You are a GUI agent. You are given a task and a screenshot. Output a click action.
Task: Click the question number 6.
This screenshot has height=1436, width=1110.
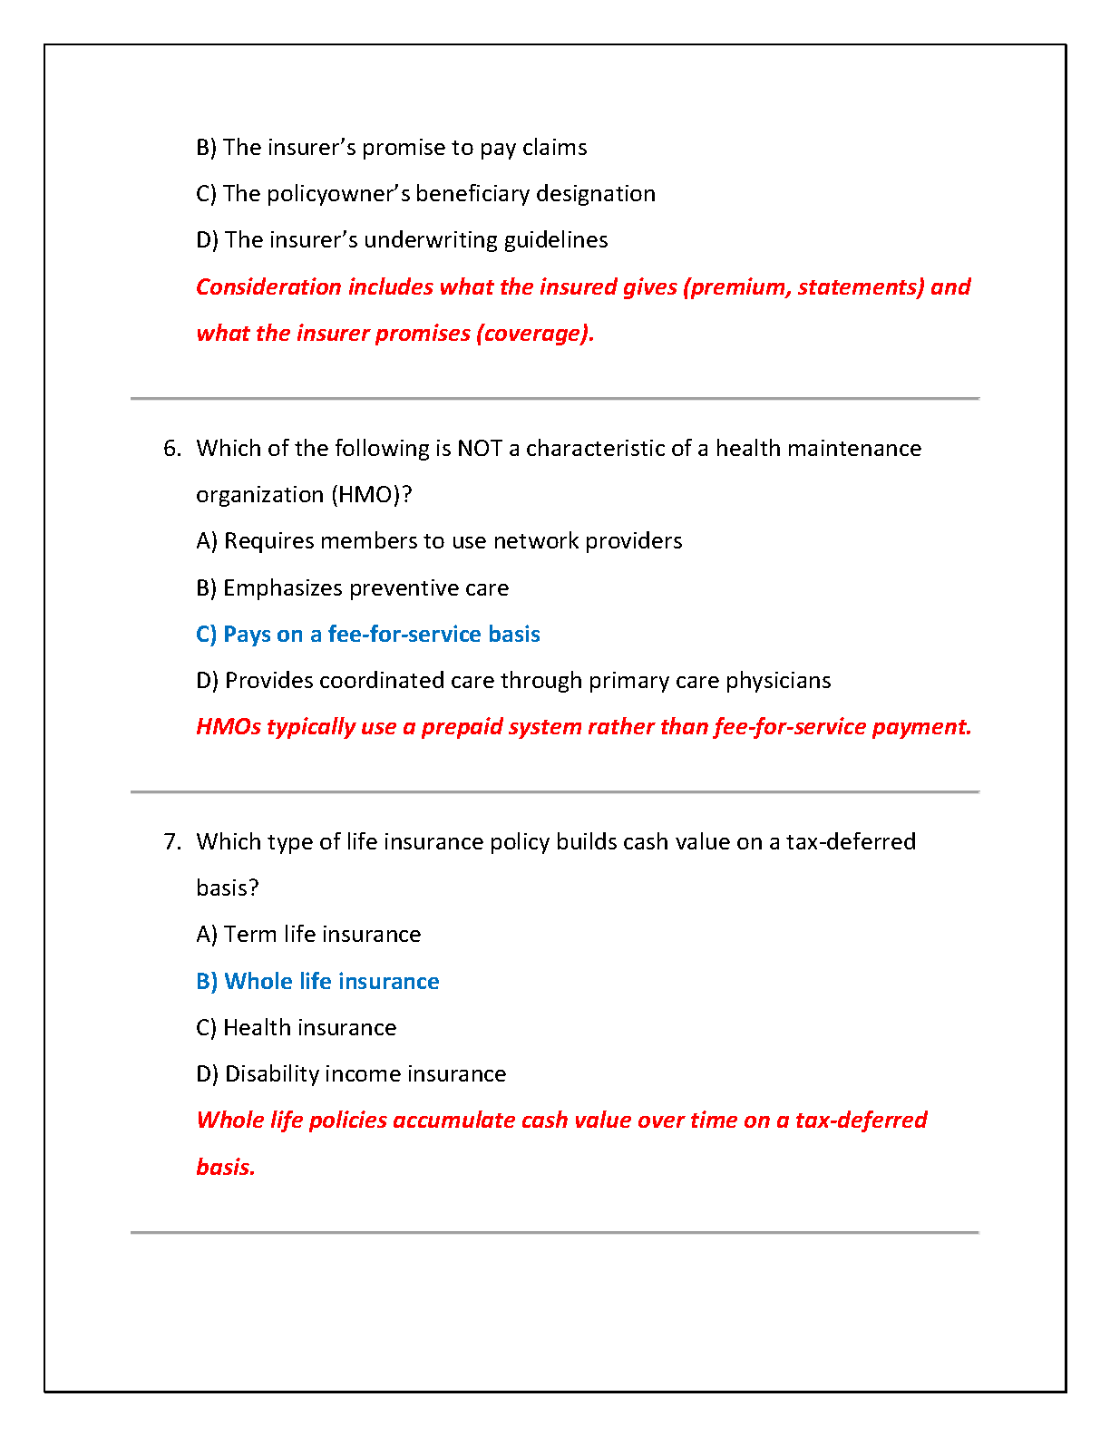(171, 449)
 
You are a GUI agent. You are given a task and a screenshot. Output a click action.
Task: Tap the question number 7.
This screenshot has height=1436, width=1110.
(171, 842)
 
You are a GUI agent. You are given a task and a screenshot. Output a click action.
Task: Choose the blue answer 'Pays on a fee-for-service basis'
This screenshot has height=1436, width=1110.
(368, 635)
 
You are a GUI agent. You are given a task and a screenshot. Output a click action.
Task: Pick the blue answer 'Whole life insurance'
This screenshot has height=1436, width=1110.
(317, 982)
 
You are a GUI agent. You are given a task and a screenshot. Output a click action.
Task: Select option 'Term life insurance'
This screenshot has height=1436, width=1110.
(308, 935)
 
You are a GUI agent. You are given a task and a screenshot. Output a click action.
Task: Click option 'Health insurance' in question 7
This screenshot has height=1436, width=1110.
(297, 1028)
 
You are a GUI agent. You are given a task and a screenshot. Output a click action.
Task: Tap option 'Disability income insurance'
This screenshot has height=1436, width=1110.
(351, 1074)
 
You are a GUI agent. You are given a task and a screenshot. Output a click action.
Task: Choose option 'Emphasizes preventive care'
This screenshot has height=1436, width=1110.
(353, 588)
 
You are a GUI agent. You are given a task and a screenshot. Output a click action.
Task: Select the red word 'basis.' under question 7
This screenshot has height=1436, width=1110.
(226, 1167)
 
